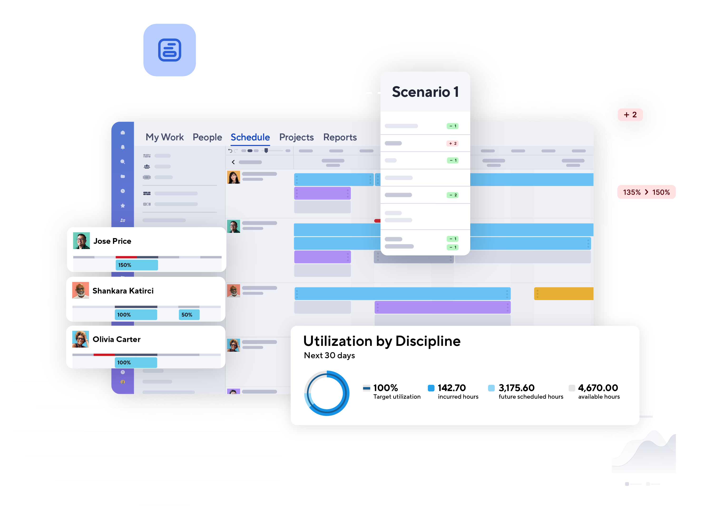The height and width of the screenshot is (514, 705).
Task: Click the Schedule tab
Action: tap(250, 137)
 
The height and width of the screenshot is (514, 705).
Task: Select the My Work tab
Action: tap(165, 137)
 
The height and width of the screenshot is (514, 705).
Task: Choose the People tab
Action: tap(207, 137)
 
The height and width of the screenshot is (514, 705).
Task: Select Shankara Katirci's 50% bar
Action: tap(189, 315)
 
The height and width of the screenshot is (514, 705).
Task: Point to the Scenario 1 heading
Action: tap(425, 92)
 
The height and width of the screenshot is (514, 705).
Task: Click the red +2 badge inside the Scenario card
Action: tap(453, 143)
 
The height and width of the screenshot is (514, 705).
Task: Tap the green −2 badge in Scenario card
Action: tap(453, 195)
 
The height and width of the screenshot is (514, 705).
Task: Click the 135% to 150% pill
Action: tap(646, 192)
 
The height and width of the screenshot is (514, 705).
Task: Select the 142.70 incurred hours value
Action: tap(451, 388)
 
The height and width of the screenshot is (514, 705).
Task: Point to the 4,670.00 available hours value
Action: tap(598, 388)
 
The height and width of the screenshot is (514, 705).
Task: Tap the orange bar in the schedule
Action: tap(563, 294)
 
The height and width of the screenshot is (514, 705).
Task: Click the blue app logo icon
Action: tap(170, 50)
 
